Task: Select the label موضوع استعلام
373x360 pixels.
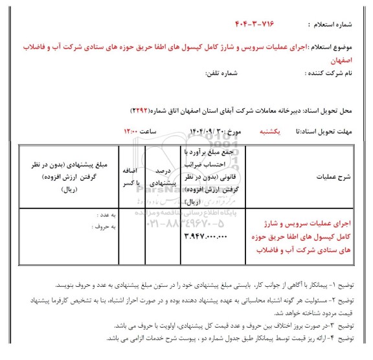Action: tap(337, 49)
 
